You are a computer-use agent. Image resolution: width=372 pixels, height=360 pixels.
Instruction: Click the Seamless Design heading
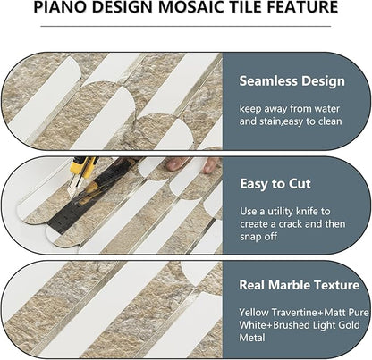[292, 81]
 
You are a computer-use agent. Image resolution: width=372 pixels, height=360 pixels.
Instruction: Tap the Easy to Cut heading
[275, 184]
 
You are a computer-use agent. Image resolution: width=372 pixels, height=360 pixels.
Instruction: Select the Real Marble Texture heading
[299, 288]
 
